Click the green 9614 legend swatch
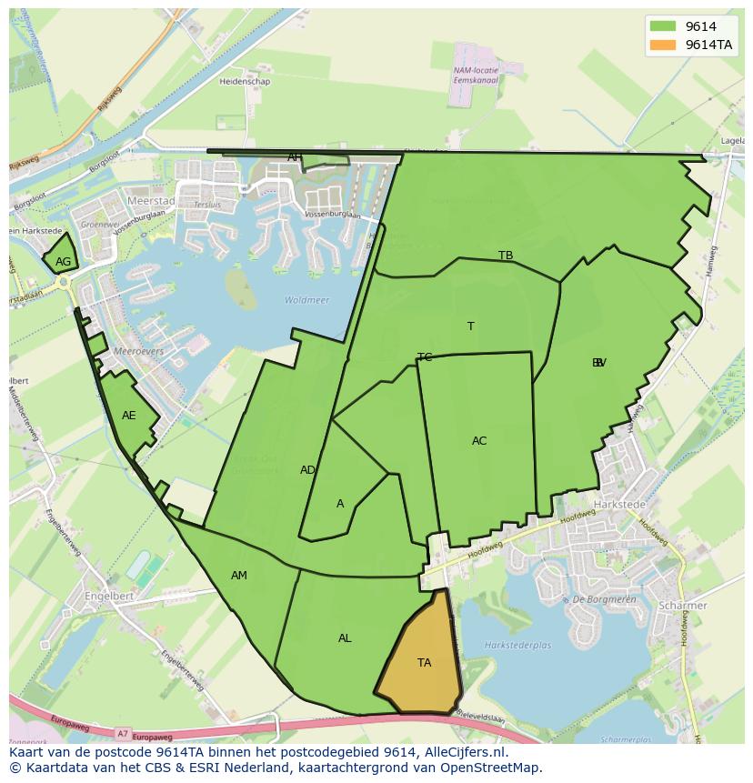coord(663,26)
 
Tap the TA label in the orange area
coord(424,663)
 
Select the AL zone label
coord(345,638)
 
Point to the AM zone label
coord(239,576)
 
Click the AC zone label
coord(479,441)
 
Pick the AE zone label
coord(129,416)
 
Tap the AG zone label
coord(63,262)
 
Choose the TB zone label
coord(506,256)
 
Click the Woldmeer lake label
coord(306,300)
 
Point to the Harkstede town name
coord(618,504)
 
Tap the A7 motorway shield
coord(123,732)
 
